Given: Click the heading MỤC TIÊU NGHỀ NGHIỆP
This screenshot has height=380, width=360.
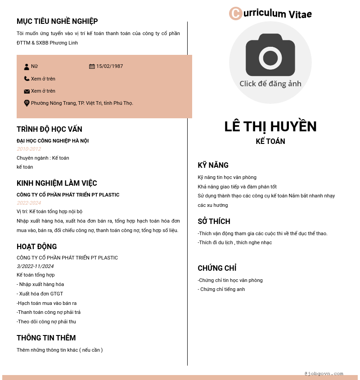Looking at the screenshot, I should click(57, 21).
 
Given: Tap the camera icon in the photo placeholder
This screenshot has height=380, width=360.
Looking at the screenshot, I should click(270, 55).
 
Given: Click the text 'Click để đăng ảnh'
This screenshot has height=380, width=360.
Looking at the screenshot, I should click(270, 84).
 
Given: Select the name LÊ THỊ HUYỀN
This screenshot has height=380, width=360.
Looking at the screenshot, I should click(270, 126).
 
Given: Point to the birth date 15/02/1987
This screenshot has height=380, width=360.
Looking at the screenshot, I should click(109, 67).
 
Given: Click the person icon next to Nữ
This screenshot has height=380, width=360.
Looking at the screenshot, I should click(27, 67).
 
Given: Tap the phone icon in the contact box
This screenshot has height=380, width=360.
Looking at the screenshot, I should click(27, 79).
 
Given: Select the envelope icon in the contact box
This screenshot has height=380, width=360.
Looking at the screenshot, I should click(27, 91).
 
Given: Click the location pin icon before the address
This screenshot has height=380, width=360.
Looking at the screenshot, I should click(27, 103).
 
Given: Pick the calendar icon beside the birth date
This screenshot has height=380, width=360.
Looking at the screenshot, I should click(92, 67).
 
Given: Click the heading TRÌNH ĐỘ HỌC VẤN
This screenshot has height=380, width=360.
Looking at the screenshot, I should click(49, 130).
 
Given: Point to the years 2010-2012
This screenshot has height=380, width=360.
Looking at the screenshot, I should click(29, 149).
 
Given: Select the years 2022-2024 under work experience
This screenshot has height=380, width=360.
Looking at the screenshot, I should click(29, 203).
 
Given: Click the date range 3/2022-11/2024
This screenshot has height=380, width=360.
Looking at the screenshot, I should click(35, 266).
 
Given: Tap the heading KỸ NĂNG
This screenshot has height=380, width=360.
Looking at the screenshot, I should click(213, 165).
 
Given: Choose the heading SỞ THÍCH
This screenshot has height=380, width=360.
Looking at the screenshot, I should click(214, 221).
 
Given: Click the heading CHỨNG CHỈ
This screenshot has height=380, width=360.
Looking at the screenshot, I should click(217, 268).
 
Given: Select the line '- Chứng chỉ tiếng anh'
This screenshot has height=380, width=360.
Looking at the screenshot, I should click(221, 289).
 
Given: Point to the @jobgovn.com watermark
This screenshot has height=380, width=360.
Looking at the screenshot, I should click(324, 373).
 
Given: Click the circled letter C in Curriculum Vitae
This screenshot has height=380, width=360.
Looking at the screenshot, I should click(235, 13).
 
